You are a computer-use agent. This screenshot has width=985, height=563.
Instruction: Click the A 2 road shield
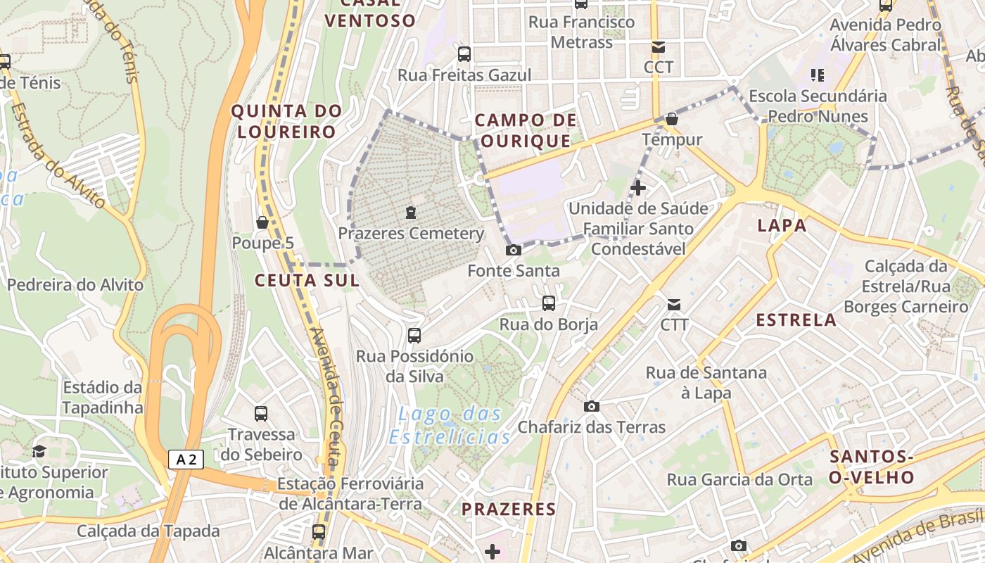pyautogui.click(x=186, y=460)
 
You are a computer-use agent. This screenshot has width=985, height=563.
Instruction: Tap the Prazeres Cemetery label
pyautogui.click(x=411, y=233)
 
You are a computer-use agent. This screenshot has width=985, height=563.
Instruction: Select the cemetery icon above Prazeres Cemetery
pyautogui.click(x=411, y=212)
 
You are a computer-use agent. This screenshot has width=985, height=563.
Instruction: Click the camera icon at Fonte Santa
pyautogui.click(x=514, y=250)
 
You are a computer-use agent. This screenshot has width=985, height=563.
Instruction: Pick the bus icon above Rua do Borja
pyautogui.click(x=548, y=303)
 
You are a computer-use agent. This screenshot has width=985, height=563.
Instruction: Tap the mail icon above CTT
pyautogui.click(x=673, y=305)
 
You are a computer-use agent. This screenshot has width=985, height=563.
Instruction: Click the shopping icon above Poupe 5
pyautogui.click(x=262, y=222)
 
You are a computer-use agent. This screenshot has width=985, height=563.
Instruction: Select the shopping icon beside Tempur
pyautogui.click(x=672, y=119)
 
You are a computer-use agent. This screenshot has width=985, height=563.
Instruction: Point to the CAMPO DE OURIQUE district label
pyautogui.click(x=526, y=131)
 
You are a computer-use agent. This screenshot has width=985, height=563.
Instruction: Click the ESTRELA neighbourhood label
pyautogui.click(x=796, y=320)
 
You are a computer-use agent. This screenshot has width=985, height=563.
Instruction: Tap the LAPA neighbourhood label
pyautogui.click(x=782, y=226)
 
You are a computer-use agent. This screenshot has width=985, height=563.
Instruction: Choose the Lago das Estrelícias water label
pyautogui.click(x=451, y=425)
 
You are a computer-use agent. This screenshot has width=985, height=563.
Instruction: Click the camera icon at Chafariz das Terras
pyautogui.click(x=592, y=406)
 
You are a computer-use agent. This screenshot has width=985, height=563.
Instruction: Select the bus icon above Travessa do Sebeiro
pyautogui.click(x=261, y=413)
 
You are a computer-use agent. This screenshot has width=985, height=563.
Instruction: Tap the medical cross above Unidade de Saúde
pyautogui.click(x=638, y=188)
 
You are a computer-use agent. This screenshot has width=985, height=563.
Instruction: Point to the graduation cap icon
pyautogui.click(x=39, y=450)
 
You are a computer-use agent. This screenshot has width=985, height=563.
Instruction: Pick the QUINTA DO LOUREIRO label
pyautogui.click(x=286, y=121)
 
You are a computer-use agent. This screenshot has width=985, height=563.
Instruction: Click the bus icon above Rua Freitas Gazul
pyautogui.click(x=464, y=53)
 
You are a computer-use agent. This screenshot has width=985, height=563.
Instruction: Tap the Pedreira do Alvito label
pyautogui.click(x=75, y=285)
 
